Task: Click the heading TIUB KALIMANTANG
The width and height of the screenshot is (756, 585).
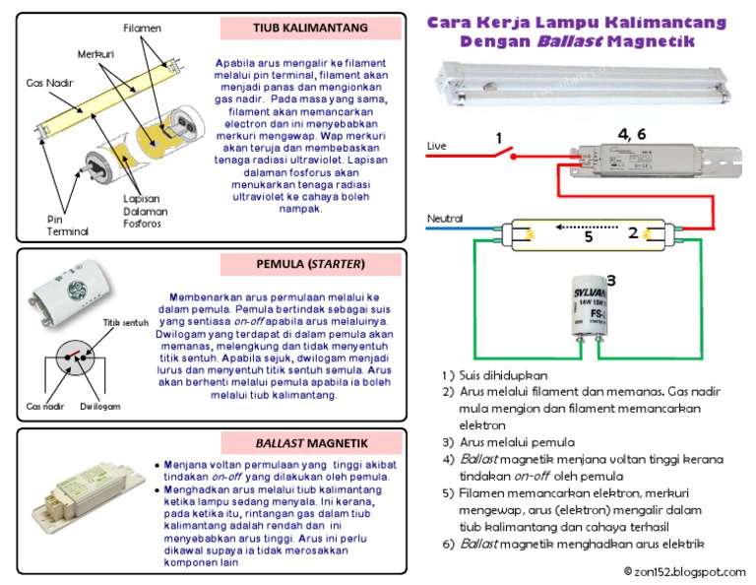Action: [310, 27]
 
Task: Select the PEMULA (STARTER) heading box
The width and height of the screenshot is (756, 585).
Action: [310, 264]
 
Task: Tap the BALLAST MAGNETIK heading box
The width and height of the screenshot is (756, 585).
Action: [310, 441]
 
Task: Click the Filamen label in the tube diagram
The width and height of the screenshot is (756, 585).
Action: [142, 27]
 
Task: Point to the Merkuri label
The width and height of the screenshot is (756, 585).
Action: [95, 52]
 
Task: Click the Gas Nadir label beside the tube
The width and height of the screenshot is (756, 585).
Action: [45, 83]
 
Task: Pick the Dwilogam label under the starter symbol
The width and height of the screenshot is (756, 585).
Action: [100, 405]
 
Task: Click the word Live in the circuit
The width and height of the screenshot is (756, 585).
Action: [436, 146]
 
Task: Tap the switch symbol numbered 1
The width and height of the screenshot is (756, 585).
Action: [506, 153]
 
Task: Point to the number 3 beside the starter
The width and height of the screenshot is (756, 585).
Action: [610, 281]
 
